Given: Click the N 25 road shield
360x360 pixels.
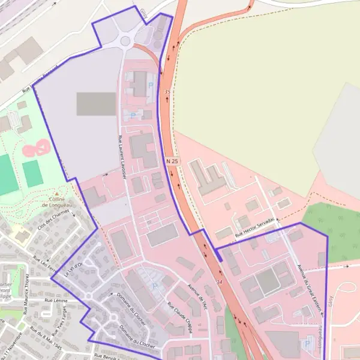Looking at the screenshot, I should [x=172, y=161].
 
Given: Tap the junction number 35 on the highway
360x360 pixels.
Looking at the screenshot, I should [x=167, y=91].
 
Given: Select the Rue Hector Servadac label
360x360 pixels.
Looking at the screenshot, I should [x=255, y=228].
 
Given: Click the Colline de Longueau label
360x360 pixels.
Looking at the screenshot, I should [x=57, y=201].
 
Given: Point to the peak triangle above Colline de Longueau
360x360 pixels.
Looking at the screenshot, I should [x=57, y=194].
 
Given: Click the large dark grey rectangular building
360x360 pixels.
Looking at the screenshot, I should [x=96, y=104].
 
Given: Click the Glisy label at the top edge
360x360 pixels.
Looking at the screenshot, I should [x=143, y=10].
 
